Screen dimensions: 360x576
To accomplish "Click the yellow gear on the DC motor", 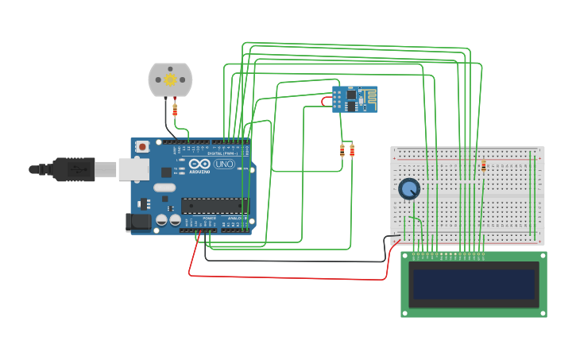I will click(170, 79).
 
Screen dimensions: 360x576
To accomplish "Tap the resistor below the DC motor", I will click(175, 110).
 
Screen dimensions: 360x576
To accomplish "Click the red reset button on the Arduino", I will click(142, 146).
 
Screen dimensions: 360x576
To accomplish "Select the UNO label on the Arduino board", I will click(224, 165).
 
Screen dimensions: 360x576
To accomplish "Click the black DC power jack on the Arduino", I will click(140, 223).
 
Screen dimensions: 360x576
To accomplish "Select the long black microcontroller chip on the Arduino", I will click(210, 206).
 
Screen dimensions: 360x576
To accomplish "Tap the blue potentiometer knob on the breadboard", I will click(409, 189).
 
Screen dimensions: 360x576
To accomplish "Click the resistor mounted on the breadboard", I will click(483, 165).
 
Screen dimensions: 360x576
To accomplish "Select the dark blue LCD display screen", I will click(474, 284).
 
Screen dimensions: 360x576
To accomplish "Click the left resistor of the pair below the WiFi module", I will click(342, 150).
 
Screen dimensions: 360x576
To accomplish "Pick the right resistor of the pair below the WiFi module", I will click(352, 150).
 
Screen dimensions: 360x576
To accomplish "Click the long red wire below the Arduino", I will click(286, 277).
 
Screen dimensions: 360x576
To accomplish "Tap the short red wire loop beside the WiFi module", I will click(325, 101).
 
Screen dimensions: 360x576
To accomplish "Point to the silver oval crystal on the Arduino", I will click(164, 188).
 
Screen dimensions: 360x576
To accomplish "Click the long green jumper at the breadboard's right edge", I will click(533, 195).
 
